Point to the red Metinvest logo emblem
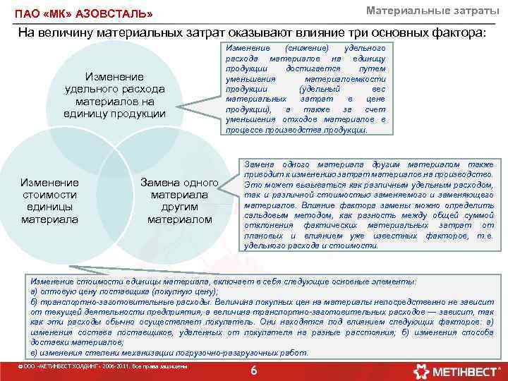[422, 370]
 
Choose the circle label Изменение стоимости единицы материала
[50, 200]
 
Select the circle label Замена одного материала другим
[179, 200]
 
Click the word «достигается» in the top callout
[313, 68]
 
